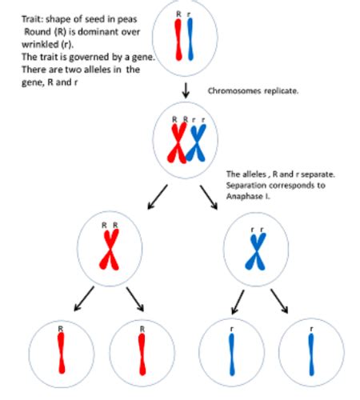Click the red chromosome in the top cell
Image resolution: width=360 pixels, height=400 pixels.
[x=178, y=40]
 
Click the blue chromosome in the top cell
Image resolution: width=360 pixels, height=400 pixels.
[x=190, y=40]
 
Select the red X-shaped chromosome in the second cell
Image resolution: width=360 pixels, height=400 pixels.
[x=177, y=144]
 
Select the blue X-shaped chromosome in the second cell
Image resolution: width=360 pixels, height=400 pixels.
[x=196, y=144]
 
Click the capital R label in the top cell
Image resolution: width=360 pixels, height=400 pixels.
[x=178, y=14]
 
